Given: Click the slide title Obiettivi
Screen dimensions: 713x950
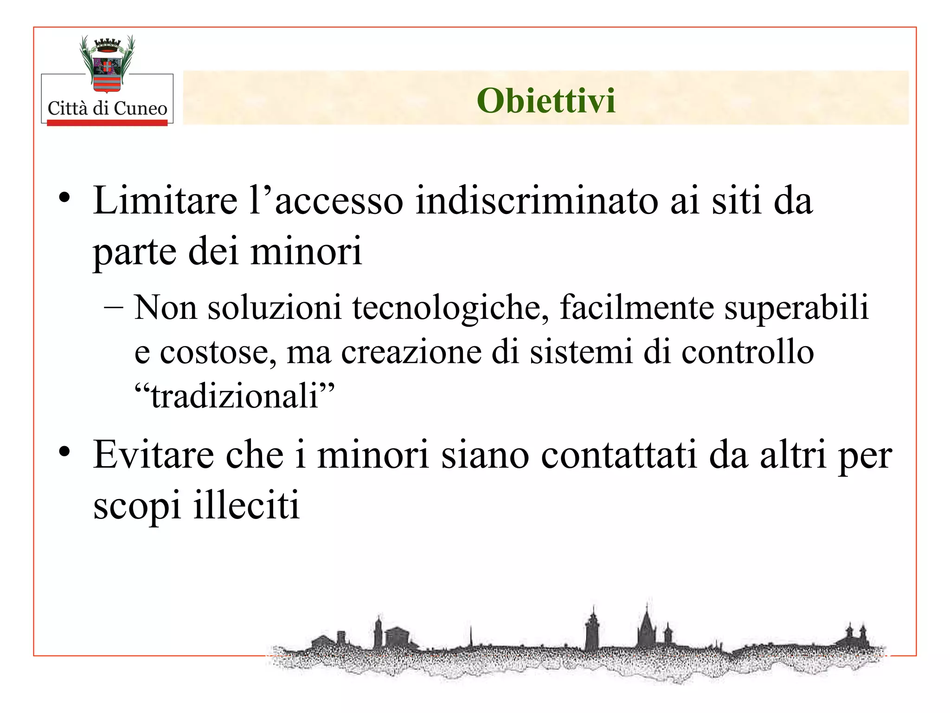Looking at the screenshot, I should click(546, 101).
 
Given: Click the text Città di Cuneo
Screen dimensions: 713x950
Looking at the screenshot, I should click(107, 109).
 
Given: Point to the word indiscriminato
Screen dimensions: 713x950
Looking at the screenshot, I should click(536, 201).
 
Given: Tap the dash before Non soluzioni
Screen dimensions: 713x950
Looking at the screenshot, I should click(114, 307).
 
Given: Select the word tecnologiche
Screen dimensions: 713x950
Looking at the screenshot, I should click(450, 308).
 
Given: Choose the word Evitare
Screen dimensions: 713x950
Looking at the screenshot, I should click(154, 455).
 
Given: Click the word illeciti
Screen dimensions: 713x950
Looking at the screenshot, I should click(246, 505).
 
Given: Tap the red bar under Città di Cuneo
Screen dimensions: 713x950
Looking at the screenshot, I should click(107, 123).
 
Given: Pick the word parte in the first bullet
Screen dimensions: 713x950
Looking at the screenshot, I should click(135, 252).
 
